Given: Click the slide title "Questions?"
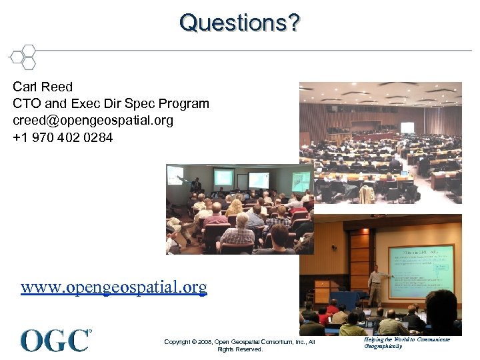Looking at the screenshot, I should point(239,23).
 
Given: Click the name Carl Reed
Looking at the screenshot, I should point(43,87).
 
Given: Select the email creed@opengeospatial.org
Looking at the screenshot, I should point(93,121).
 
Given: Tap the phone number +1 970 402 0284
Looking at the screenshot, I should point(63,138).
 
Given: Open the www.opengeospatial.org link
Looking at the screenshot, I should point(113,287).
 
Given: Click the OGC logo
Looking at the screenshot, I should point(55,340).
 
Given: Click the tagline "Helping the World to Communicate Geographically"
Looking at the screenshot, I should point(407,343).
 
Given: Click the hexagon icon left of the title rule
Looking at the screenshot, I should point(23,57).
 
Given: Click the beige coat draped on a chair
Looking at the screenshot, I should point(366,195).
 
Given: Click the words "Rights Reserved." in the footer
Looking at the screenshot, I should point(239,349).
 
